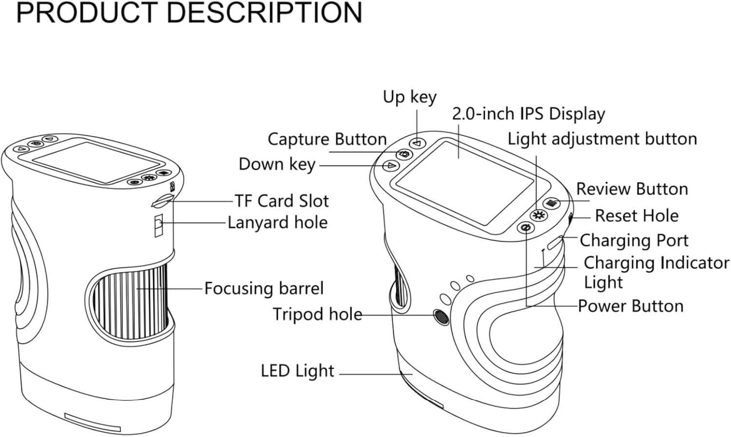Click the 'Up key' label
[409, 97]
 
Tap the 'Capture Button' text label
[327, 139]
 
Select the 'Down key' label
[277, 165]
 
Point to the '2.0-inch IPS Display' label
[528, 114]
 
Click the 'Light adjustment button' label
[602, 139]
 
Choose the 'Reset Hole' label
[636, 216]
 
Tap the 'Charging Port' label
[634, 240]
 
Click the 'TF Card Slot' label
[282, 201]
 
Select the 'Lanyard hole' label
[278, 223]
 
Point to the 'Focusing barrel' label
[264, 288]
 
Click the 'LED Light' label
[297, 371]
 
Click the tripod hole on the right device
[441, 316]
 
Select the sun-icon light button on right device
[539, 215]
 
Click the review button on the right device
[552, 203]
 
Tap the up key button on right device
[417, 143]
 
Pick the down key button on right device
[390, 166]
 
